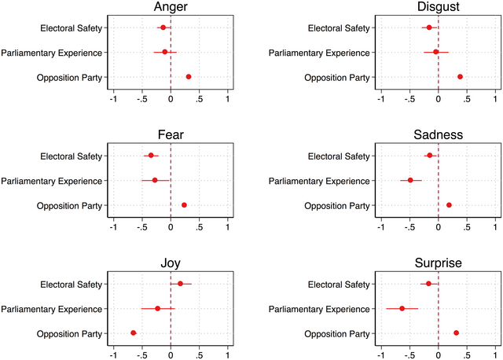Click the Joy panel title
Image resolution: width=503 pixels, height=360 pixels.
pyautogui.click(x=171, y=263)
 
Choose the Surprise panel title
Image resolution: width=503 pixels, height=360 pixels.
pyautogui.click(x=438, y=263)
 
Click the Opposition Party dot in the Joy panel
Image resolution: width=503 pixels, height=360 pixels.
pyautogui.click(x=134, y=333)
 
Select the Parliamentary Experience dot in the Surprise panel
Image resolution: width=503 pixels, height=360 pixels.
pyautogui.click(x=402, y=308)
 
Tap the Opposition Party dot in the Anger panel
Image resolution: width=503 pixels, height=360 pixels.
pyautogui.click(x=189, y=77)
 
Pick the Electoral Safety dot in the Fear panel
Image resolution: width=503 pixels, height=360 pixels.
pyautogui.click(x=151, y=155)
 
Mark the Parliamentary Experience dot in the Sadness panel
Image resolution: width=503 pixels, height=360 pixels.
pyautogui.click(x=410, y=180)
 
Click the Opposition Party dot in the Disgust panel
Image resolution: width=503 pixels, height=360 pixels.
pyautogui.click(x=460, y=77)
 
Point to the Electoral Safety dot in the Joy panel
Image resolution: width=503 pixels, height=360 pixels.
pyautogui.click(x=180, y=283)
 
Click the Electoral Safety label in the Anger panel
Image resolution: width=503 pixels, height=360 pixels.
pyautogui.click(x=72, y=28)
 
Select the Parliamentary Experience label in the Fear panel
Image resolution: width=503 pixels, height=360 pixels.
pyautogui.click(x=52, y=181)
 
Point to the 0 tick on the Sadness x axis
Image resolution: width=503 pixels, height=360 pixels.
pyautogui.click(x=438, y=228)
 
